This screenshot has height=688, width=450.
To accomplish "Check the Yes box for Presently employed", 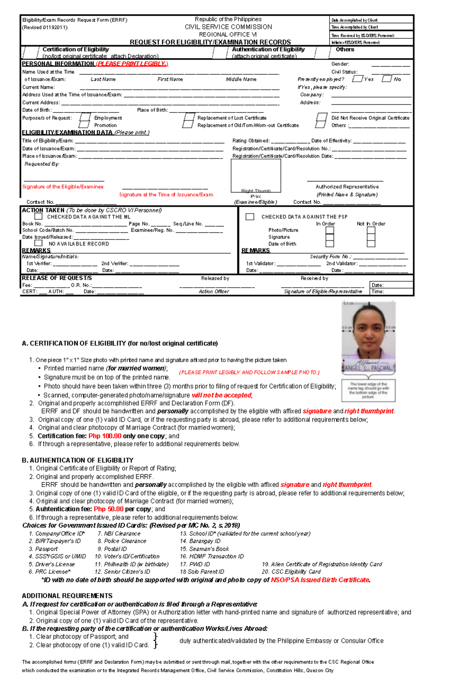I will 357,79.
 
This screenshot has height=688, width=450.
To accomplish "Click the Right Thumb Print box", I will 256,176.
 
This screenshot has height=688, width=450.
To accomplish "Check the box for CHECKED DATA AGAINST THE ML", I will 38,216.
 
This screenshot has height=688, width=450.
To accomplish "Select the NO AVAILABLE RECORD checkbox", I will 38,243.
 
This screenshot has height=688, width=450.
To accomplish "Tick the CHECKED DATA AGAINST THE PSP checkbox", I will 250,217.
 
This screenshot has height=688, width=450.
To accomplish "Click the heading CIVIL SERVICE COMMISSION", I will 228,27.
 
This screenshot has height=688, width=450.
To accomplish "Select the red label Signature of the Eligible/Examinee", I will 63,187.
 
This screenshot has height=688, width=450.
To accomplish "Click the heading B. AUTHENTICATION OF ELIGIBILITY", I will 78,460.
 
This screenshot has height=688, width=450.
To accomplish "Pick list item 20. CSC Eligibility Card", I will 291,572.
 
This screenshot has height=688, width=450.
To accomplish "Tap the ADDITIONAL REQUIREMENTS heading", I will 67,596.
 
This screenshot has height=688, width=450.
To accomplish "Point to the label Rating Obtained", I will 251,141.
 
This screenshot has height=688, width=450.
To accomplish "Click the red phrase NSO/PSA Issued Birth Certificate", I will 320,580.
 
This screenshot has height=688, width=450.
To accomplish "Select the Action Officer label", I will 214,292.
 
